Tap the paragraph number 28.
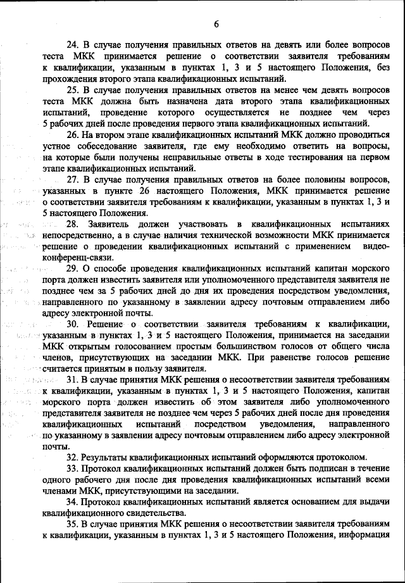coord(73,225)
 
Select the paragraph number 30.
coord(73,324)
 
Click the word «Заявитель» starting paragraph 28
coord(111,225)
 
